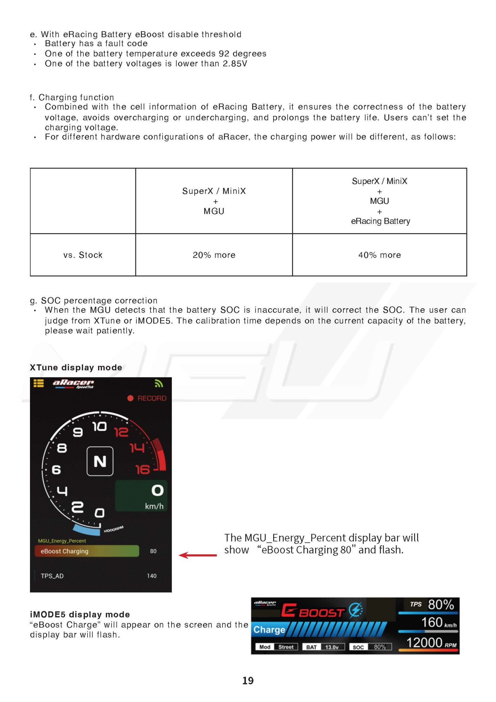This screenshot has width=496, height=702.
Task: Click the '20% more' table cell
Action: click(214, 255)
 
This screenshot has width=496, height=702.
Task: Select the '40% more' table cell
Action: click(379, 255)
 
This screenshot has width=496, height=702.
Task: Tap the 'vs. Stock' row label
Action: click(83, 255)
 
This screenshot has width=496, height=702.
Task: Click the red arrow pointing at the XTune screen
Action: click(198, 555)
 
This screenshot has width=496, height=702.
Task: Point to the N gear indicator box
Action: click(100, 461)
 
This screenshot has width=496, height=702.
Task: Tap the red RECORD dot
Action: click(130, 398)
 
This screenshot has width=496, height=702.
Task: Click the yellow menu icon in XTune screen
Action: click(39, 383)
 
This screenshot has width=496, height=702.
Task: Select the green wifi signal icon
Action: click(158, 383)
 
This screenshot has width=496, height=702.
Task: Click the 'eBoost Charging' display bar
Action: click(87, 551)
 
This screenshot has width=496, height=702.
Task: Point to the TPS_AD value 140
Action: click(152, 576)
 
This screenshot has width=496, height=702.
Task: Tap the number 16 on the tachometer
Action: click(142, 470)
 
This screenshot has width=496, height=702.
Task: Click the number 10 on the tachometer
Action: click(100, 427)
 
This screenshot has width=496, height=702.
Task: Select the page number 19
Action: click(248, 681)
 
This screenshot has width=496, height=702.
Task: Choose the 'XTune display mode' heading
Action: click(76, 368)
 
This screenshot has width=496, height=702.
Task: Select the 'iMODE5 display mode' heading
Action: click(80, 614)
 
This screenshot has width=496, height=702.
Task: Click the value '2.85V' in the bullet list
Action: click(235, 64)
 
